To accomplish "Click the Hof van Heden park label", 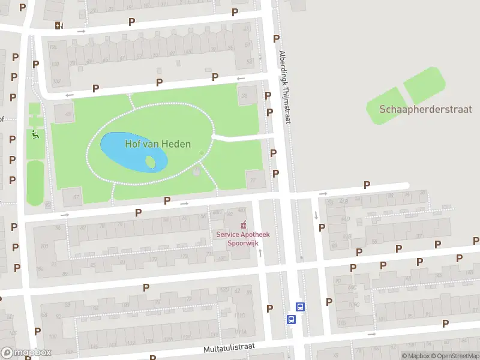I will tap(158, 144).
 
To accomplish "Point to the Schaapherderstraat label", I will tap(425, 109).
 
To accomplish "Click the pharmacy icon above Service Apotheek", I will tap(243, 225).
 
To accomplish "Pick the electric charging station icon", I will tap(58, 25).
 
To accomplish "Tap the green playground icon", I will tap(35, 135).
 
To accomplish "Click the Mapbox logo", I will tap(26, 352).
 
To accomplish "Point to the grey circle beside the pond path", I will tap(197, 172).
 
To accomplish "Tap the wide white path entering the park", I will tap(240, 138).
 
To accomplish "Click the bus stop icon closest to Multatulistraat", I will tap(292, 319).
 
